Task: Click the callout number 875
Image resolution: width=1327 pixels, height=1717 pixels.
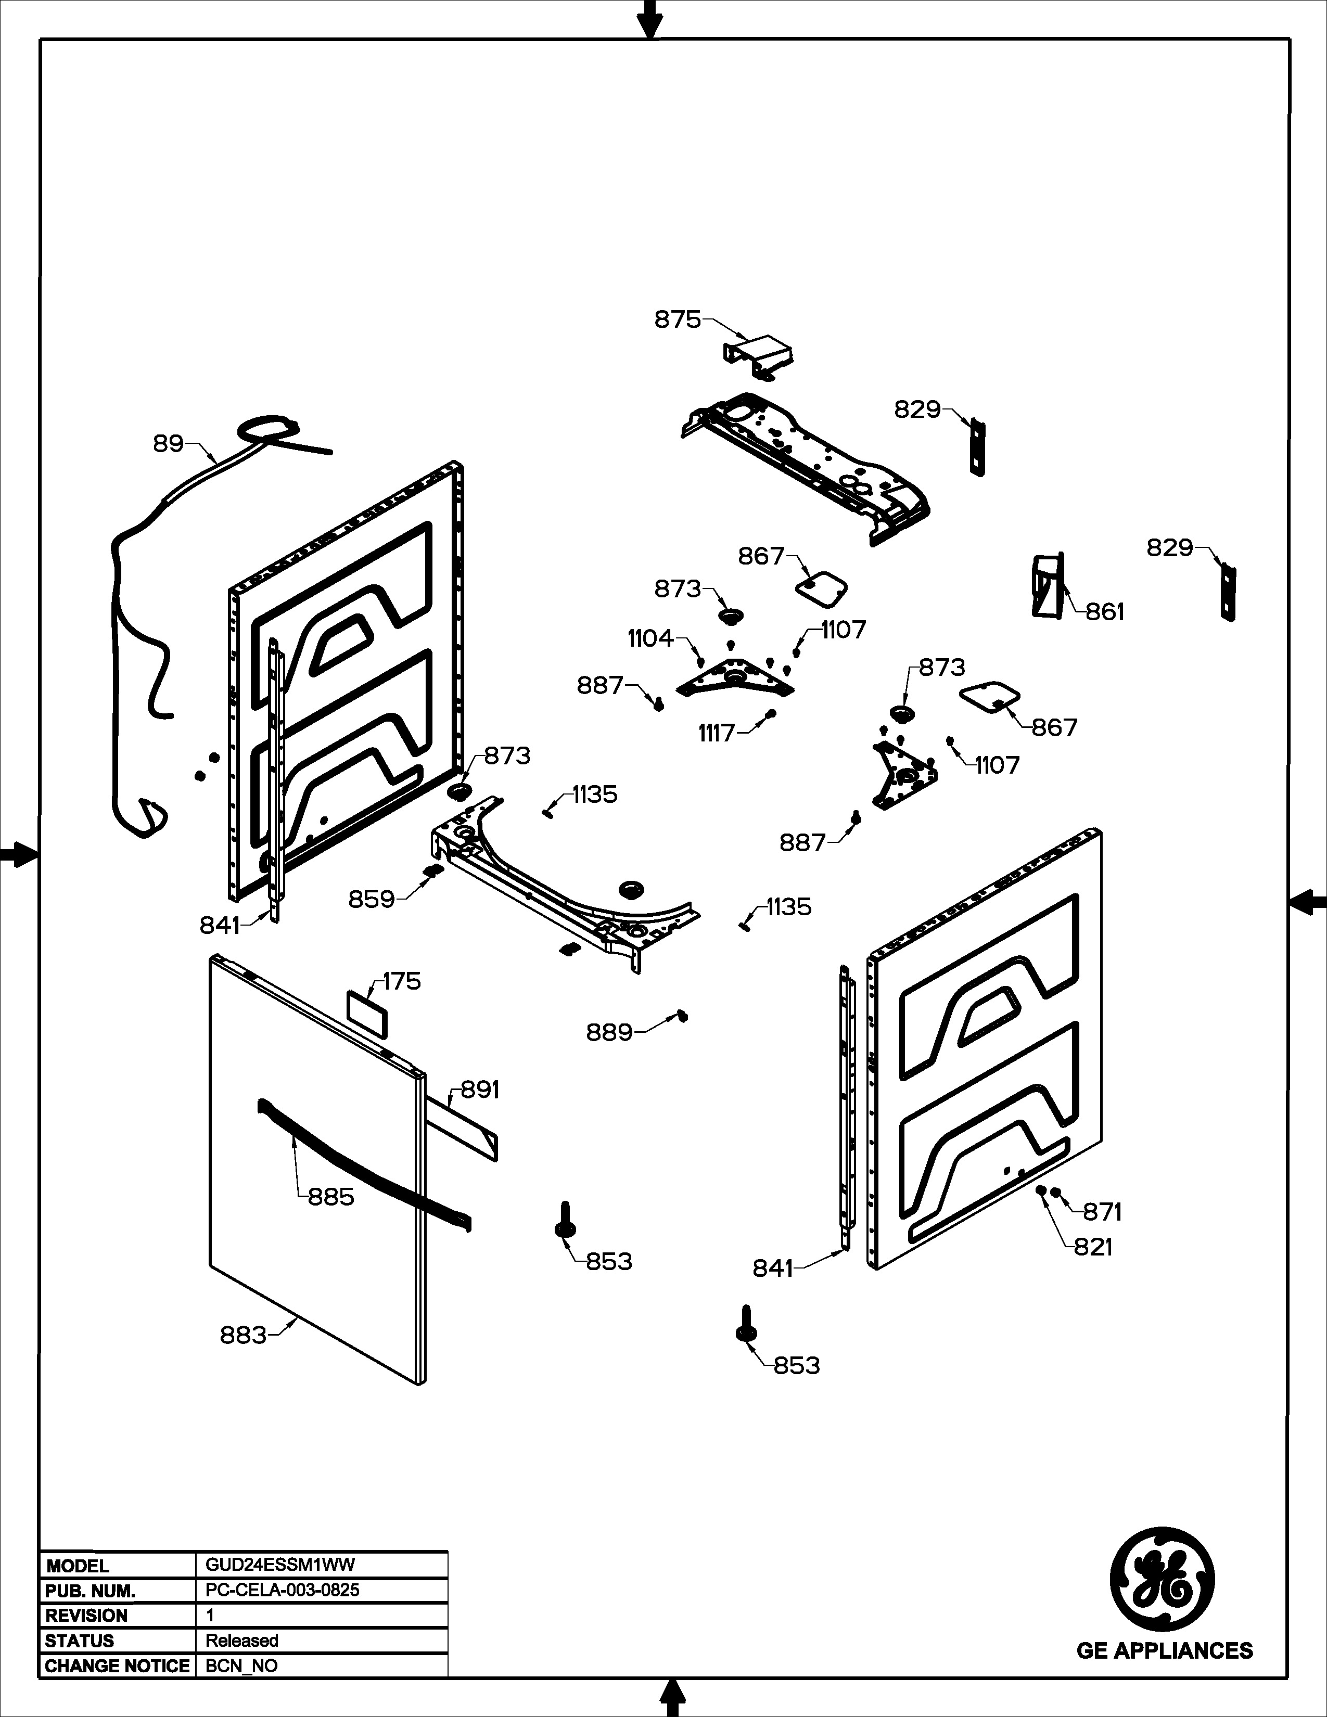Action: [x=677, y=320]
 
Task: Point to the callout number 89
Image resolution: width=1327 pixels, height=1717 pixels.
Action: [x=168, y=444]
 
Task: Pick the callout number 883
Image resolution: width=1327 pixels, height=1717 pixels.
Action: [x=243, y=1335]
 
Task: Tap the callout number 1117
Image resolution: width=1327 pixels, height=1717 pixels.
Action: [x=716, y=734]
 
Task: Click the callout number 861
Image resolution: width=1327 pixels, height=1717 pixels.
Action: [x=1104, y=612]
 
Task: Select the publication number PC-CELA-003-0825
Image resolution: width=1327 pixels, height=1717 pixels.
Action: [x=282, y=1591]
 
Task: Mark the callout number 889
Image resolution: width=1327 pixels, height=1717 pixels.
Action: [x=609, y=1032]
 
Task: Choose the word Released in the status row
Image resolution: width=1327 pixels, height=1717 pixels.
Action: [x=242, y=1641]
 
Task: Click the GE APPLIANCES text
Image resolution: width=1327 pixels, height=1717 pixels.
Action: [x=1164, y=1650]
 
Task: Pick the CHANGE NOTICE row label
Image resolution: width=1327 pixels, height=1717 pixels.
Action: [x=117, y=1666]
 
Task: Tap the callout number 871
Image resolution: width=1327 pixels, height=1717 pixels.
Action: [x=1102, y=1212]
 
